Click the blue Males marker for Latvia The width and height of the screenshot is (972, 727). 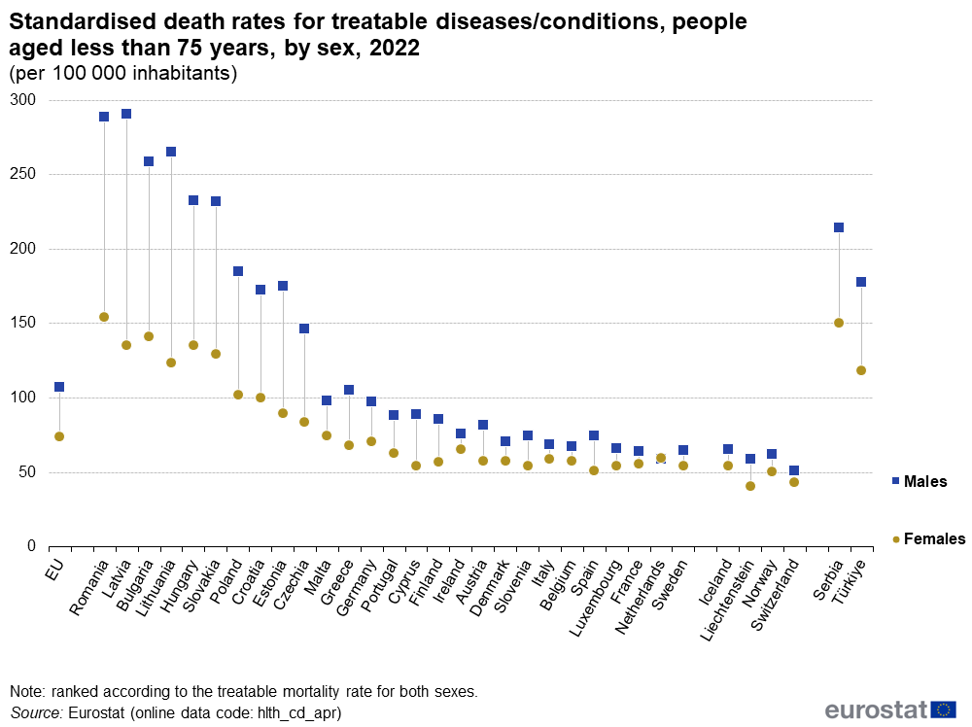click(126, 114)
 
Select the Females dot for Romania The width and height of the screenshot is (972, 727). click(104, 317)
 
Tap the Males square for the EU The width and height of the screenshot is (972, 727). click(59, 387)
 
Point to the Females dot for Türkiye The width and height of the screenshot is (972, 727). click(861, 370)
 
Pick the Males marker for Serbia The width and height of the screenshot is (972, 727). click(839, 227)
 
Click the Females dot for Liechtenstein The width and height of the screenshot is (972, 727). click(750, 486)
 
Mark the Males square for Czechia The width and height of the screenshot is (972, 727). click(304, 329)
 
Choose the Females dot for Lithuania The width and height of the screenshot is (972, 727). click(171, 363)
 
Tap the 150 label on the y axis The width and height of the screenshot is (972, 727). click(23, 324)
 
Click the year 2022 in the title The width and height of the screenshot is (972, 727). click(394, 49)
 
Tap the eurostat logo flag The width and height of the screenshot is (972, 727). click(943, 710)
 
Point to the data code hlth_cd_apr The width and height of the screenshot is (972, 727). click(295, 712)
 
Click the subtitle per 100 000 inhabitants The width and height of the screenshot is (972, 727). click(123, 73)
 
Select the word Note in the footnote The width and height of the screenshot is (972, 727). click(27, 692)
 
